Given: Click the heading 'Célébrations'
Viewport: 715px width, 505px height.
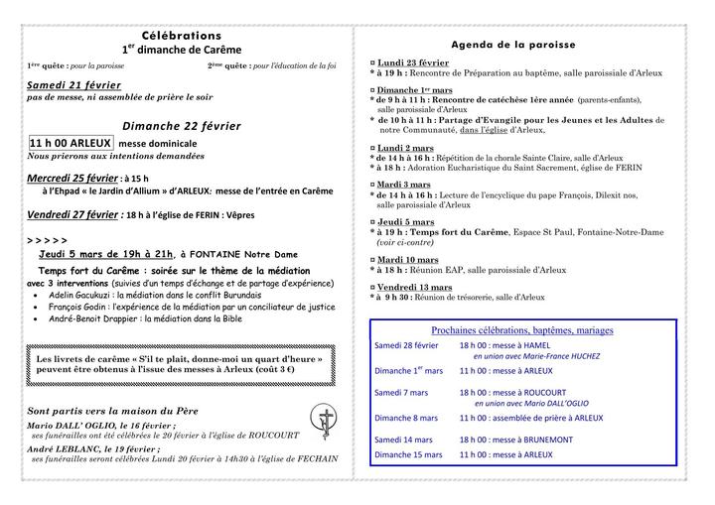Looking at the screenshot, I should point(181,35).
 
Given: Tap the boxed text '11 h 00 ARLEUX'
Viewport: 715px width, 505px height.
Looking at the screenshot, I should point(71,143).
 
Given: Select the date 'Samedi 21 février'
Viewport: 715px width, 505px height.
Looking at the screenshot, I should point(73,86).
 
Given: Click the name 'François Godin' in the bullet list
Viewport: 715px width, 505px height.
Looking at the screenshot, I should point(76,308).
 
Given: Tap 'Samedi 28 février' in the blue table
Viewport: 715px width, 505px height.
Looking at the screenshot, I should point(406,344).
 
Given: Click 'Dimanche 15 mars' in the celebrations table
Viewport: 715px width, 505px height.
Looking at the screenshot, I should point(408,454).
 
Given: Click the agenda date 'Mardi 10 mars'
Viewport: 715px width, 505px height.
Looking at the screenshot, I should point(407,259).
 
